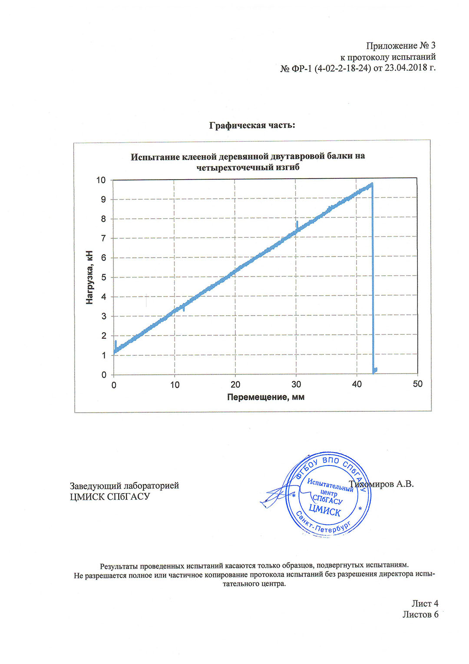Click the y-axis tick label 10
click(101, 180)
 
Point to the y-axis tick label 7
click(103, 238)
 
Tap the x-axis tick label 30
click(296, 384)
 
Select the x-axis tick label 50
click(417, 384)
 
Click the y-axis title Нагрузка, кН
click(90, 277)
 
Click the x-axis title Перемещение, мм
click(266, 397)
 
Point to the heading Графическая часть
click(252, 125)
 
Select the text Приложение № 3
click(400, 46)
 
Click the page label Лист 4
click(425, 603)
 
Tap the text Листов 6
click(420, 614)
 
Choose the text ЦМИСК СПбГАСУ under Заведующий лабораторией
click(110, 497)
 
